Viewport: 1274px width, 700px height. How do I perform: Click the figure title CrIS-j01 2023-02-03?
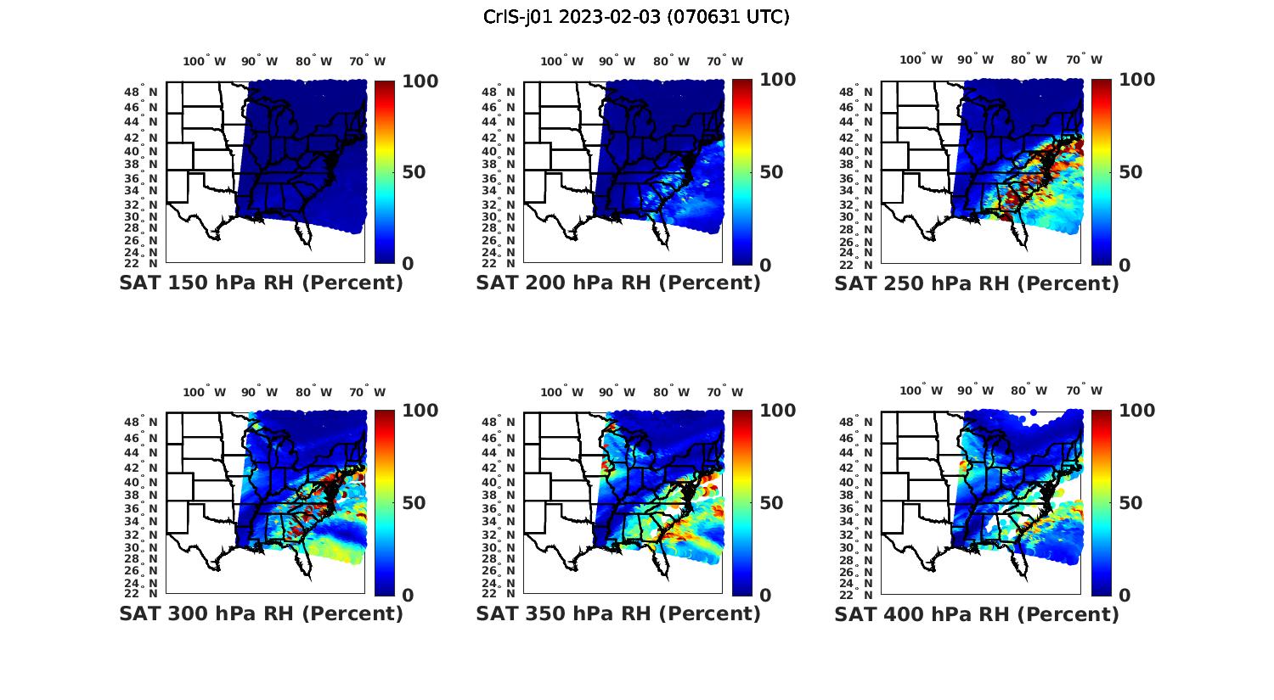pyautogui.click(x=636, y=17)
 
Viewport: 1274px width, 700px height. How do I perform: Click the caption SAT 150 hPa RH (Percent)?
pyautogui.click(x=262, y=283)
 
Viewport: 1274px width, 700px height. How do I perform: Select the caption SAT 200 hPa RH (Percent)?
pyautogui.click(x=618, y=283)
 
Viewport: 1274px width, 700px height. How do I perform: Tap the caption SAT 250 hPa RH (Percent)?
pyautogui.click(x=977, y=283)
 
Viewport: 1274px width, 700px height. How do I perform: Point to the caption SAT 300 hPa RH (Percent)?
pyautogui.click(x=262, y=613)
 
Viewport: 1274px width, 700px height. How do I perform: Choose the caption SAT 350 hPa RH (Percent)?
pyautogui.click(x=618, y=613)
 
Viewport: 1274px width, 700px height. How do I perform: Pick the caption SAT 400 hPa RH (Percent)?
pyautogui.click(x=977, y=614)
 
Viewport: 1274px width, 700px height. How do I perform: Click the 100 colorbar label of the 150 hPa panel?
pyautogui.click(x=420, y=81)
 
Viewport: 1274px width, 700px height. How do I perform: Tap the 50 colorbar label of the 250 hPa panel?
pyautogui.click(x=1130, y=172)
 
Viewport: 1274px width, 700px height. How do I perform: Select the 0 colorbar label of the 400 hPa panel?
pyautogui.click(x=1125, y=596)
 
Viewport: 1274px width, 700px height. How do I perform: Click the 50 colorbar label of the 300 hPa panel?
pyautogui.click(x=414, y=503)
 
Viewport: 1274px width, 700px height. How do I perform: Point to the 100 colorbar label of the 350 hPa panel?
pyautogui.click(x=777, y=411)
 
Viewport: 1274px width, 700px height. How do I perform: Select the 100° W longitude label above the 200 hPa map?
pyautogui.click(x=561, y=61)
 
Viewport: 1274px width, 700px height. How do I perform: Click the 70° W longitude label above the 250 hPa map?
pyautogui.click(x=1085, y=59)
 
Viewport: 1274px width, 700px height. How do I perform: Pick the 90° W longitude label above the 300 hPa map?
pyautogui.click(x=260, y=392)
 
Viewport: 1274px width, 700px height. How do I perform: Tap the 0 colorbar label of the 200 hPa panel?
pyautogui.click(x=766, y=266)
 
